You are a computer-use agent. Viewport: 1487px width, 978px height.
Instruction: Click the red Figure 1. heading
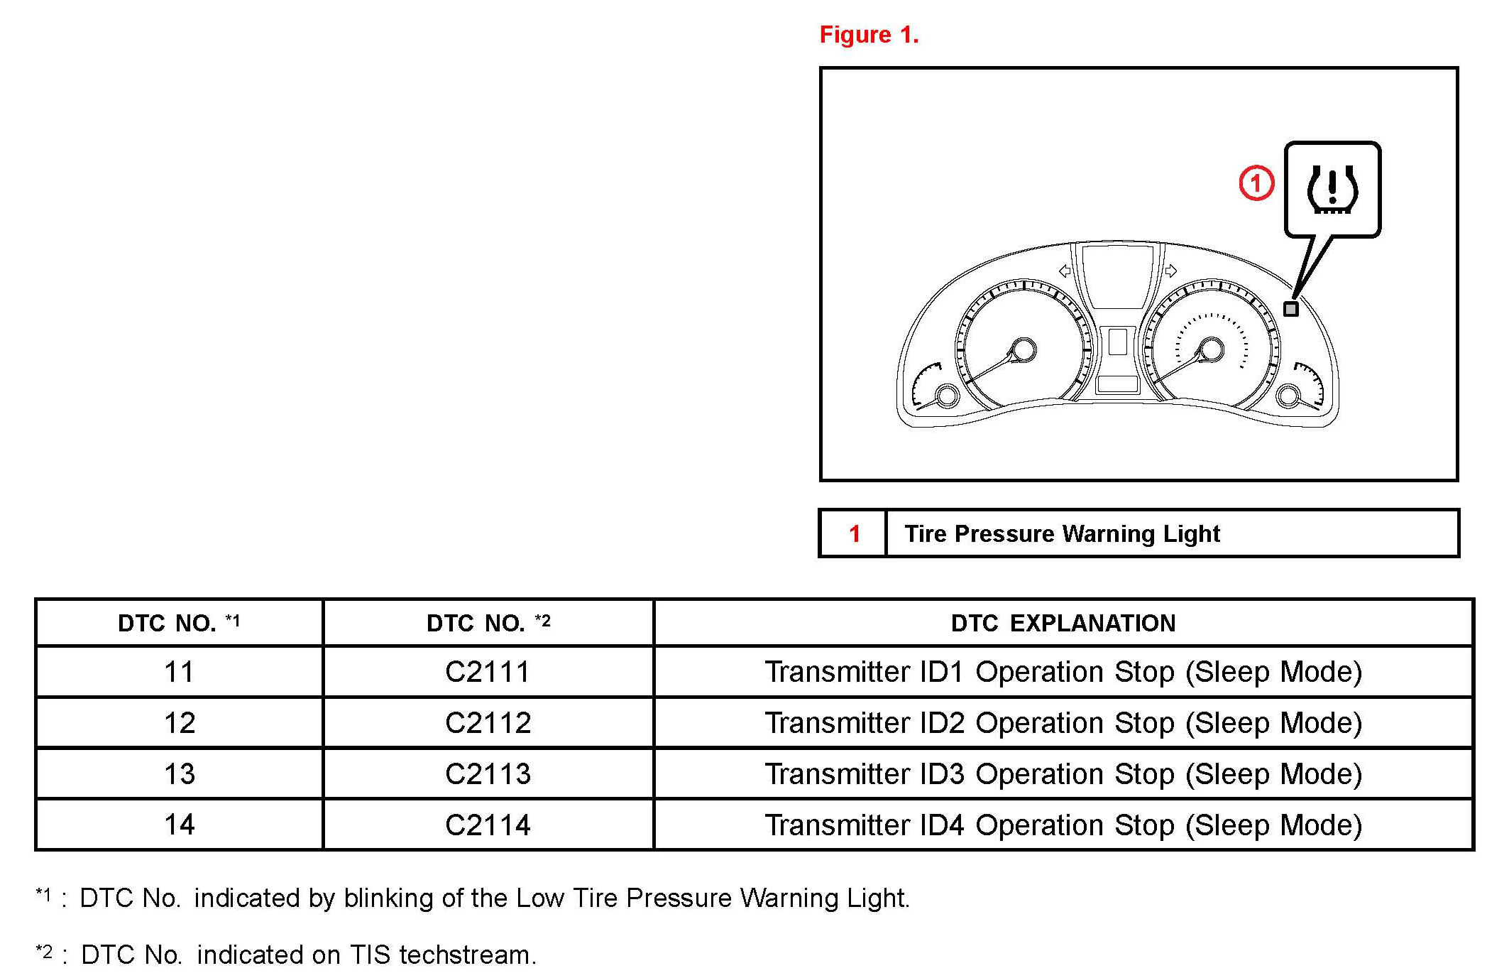(x=869, y=35)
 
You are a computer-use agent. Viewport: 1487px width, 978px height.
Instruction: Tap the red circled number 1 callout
(x=1256, y=183)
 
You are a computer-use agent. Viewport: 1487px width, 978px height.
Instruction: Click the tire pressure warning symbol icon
(x=1332, y=190)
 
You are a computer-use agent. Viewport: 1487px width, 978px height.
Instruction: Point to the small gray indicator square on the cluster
(x=1291, y=309)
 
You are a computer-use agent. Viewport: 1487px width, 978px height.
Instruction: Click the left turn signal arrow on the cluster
(x=1065, y=271)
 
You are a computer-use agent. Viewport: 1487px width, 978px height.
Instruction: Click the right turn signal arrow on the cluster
(x=1171, y=271)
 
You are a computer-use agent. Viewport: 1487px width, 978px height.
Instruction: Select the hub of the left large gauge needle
(x=1023, y=349)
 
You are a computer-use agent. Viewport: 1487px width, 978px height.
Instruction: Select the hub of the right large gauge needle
(x=1211, y=349)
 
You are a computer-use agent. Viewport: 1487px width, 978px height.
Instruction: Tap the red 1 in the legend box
(x=855, y=533)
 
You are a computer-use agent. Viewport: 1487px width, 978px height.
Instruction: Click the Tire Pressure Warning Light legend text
(x=1062, y=533)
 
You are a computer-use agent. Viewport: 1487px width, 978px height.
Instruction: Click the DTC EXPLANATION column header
(x=1063, y=623)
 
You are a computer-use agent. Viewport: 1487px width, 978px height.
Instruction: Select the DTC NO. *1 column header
(x=179, y=623)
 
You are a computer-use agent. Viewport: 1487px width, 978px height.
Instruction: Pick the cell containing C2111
(x=488, y=672)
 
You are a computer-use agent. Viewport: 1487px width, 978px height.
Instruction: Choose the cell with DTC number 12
(x=179, y=723)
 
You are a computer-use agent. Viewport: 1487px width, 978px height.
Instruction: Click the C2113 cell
(x=488, y=774)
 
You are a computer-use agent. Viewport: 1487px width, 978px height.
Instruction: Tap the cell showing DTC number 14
(x=179, y=825)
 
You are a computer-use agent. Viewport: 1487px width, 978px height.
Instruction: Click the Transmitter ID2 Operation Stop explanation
(x=1063, y=723)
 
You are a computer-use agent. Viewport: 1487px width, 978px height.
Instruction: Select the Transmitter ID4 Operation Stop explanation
(x=1063, y=825)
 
